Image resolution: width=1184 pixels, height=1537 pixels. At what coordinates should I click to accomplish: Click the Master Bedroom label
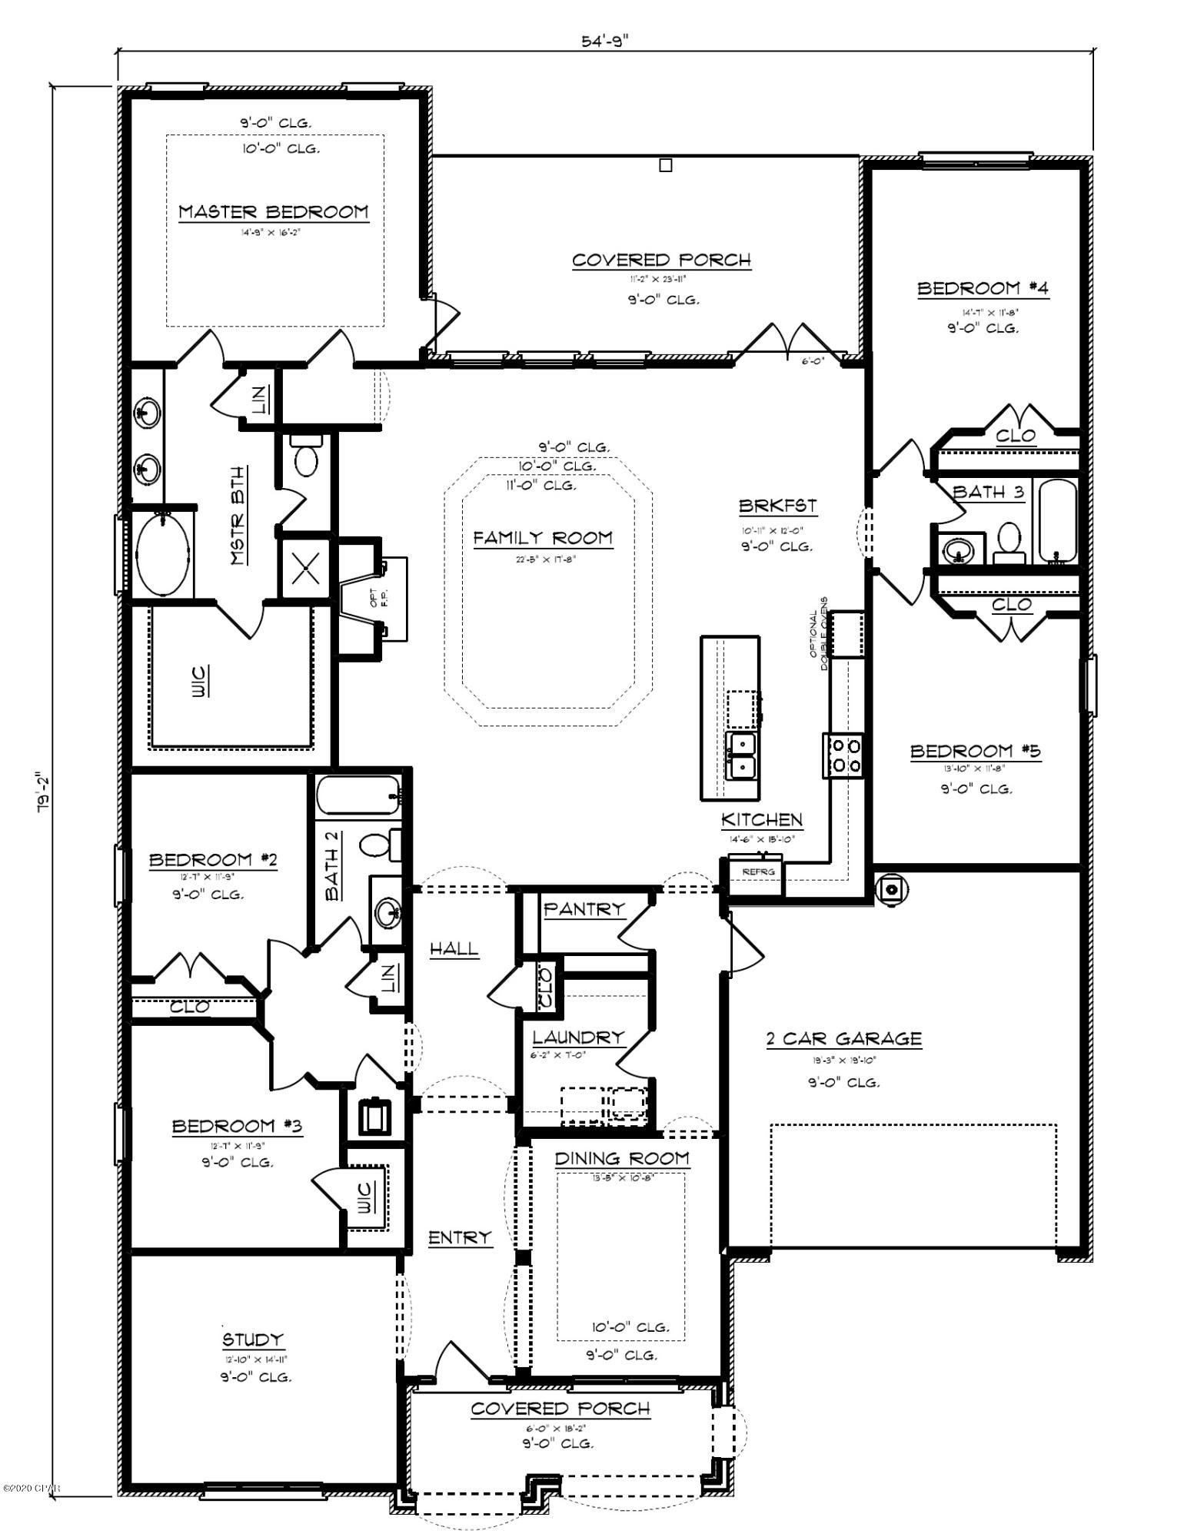(x=274, y=212)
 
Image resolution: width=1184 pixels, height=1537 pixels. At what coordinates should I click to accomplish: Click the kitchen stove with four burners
(x=843, y=755)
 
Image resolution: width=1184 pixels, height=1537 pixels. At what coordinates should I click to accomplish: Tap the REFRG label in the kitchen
(x=757, y=872)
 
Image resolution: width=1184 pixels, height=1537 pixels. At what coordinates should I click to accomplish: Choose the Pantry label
(x=584, y=910)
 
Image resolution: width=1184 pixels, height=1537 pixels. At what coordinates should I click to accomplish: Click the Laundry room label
(x=578, y=1037)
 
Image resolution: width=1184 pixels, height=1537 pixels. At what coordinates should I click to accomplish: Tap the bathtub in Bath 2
(x=359, y=795)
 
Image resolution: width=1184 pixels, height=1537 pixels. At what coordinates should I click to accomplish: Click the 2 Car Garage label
(x=843, y=1039)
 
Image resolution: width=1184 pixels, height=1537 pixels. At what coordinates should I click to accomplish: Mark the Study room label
(x=253, y=1340)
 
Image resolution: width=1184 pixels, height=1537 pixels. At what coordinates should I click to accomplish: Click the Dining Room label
(x=622, y=1158)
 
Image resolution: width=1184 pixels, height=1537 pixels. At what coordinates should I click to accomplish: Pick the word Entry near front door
(x=459, y=1237)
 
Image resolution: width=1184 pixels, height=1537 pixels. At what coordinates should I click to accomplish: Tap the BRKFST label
(x=777, y=506)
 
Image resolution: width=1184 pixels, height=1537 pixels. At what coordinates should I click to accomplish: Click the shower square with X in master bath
(x=305, y=568)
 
